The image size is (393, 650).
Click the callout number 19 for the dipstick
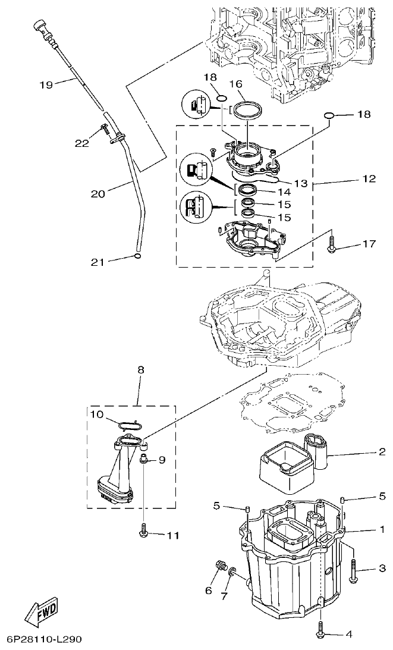[x=46, y=84]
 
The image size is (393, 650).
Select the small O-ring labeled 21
[x=137, y=256]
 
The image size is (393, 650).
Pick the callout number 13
[x=301, y=183]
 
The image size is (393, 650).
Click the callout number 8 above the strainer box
[x=141, y=369]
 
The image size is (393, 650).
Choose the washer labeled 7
[x=232, y=574]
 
